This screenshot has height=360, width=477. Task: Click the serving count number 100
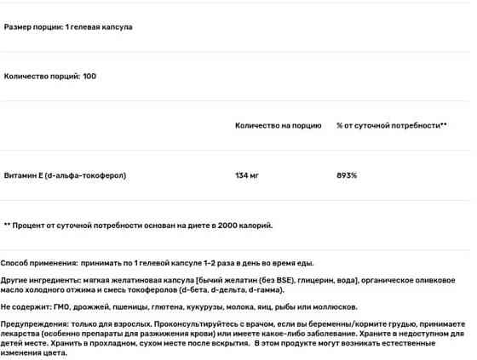(90, 77)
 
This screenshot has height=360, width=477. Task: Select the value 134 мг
(247, 175)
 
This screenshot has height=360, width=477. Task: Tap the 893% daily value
(347, 175)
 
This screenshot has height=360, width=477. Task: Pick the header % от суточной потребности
(391, 126)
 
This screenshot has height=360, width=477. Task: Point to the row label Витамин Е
(25, 175)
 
